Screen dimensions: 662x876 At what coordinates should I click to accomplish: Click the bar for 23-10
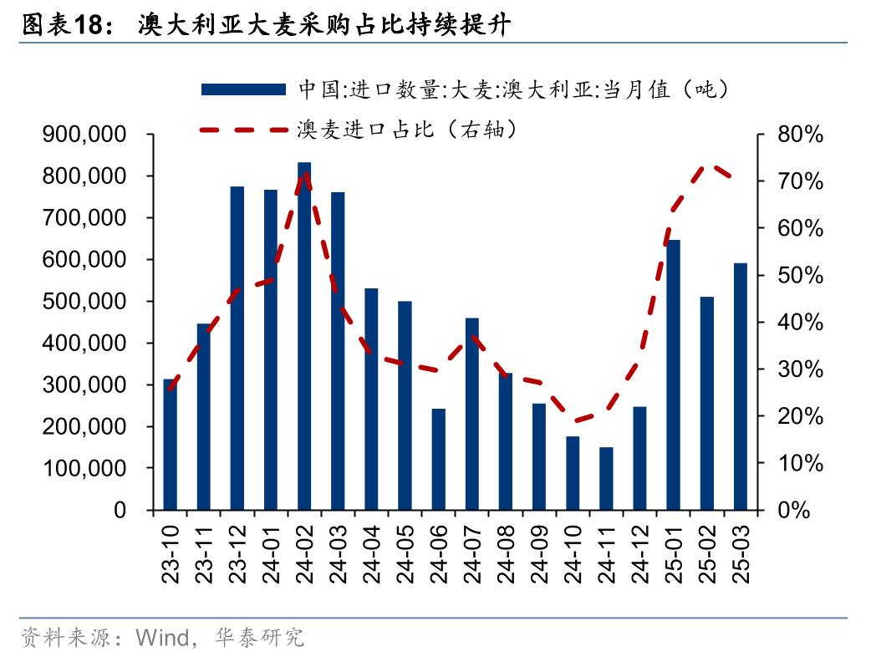[x=171, y=445]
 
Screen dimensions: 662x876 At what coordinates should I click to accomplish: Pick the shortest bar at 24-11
[x=606, y=478]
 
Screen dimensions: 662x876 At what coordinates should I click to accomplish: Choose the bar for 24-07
[x=472, y=414]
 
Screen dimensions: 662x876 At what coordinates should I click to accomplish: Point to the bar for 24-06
[x=439, y=459]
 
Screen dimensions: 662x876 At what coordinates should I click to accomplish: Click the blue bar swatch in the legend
[x=243, y=88]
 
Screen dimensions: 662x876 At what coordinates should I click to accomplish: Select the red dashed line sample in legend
[x=243, y=130]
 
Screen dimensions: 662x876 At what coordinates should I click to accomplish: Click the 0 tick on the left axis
[x=120, y=510]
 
